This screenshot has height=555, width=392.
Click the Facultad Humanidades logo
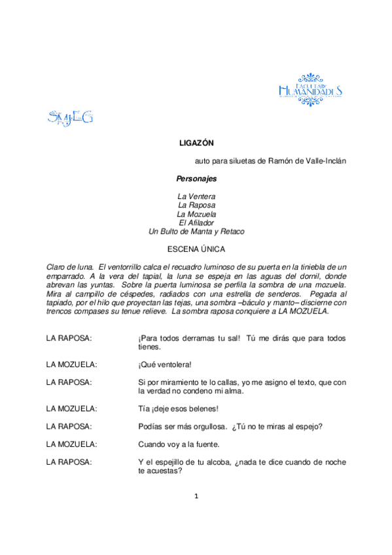click(x=310, y=88)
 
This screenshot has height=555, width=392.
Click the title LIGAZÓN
click(x=196, y=143)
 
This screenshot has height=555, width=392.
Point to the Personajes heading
click(x=196, y=178)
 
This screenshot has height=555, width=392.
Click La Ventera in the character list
click(x=196, y=196)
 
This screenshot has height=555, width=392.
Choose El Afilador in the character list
click(x=196, y=223)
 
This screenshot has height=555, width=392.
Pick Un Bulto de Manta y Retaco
click(x=196, y=231)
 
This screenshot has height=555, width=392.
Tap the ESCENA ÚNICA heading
click(x=196, y=249)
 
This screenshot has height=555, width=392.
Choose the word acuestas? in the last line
click(x=167, y=471)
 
